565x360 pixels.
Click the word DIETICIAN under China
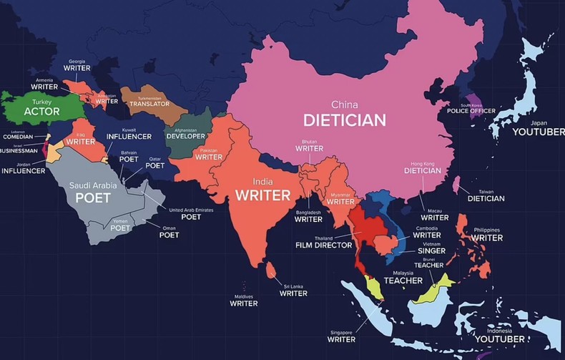345,120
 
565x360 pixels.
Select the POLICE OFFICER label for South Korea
471,111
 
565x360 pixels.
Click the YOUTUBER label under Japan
538,132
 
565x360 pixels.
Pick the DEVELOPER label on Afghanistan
185,135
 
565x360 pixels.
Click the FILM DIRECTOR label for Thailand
323,245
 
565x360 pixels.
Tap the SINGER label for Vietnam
431,251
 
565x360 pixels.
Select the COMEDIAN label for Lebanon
18,136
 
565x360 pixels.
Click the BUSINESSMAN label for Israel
18,151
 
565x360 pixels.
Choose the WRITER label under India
262,195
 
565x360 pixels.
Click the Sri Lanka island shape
271,271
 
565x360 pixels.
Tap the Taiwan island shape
456,185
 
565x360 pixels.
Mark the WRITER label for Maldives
243,303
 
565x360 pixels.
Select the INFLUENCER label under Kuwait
129,136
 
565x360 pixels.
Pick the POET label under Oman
169,235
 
